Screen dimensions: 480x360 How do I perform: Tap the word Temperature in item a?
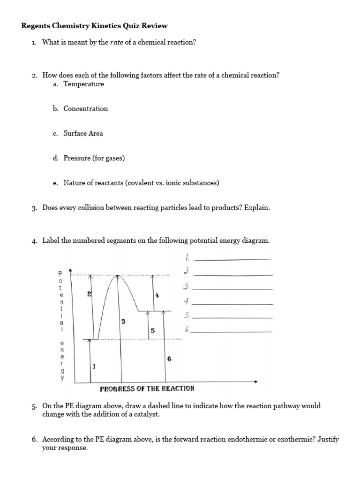click(x=84, y=84)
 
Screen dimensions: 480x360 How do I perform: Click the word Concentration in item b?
click(x=86, y=109)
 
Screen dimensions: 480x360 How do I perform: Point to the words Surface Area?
click(x=83, y=134)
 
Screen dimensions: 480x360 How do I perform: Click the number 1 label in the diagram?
click(x=94, y=367)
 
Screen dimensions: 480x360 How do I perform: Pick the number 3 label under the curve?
click(x=123, y=321)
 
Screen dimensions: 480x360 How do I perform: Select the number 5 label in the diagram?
click(x=152, y=331)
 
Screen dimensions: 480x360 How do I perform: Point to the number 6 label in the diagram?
click(x=169, y=359)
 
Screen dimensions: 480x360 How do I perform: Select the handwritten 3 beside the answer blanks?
click(x=186, y=287)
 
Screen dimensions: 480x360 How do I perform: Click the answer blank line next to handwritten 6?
click(x=232, y=332)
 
